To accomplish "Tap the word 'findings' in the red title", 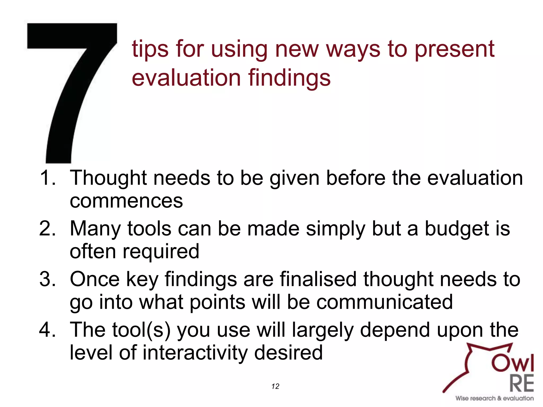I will pyautogui.click(x=289, y=78).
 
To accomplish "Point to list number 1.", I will pyautogui.click(x=48, y=178).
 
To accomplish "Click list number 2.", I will pyautogui.click(x=48, y=228).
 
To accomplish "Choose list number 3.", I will pyautogui.click(x=48, y=279).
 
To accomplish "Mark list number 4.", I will pyautogui.click(x=48, y=330).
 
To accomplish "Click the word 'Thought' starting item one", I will pyautogui.click(x=108, y=178).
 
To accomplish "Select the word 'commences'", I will pyautogui.click(x=126, y=201).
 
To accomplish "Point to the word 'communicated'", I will pyautogui.click(x=384, y=302).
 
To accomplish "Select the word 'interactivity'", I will pyautogui.click(x=195, y=353).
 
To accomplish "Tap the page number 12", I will pyautogui.click(x=275, y=386).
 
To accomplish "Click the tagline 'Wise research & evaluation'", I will pyautogui.click(x=494, y=398).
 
